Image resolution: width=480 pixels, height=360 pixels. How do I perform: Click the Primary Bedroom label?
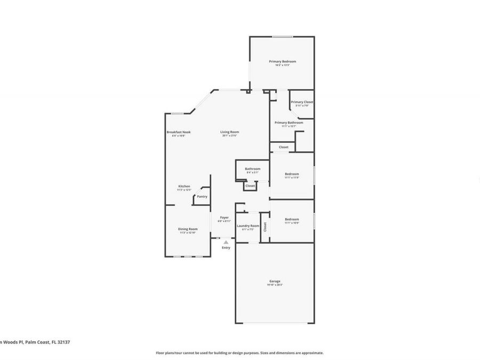click(282, 61)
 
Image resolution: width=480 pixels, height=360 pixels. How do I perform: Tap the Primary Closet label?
click(302, 102)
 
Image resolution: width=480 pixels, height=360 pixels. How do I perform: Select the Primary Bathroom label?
click(289, 123)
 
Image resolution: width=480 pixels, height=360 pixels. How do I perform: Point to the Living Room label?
click(230, 132)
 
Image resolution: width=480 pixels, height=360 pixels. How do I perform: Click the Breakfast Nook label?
click(178, 132)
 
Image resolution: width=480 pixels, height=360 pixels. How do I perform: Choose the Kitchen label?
click(184, 186)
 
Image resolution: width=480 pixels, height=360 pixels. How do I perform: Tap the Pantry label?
click(202, 196)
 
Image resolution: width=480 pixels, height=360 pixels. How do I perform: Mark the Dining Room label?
click(188, 229)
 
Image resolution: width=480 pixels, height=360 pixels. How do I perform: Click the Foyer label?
click(225, 218)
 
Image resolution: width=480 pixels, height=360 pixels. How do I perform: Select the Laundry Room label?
click(247, 226)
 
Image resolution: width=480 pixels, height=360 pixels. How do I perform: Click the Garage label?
click(275, 281)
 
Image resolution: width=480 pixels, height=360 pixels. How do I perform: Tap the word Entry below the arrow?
click(226, 247)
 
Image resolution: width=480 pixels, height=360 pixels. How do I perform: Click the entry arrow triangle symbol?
click(226, 242)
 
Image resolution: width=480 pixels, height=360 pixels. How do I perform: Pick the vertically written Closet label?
click(265, 226)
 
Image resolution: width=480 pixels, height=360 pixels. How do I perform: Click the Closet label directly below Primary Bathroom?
click(283, 147)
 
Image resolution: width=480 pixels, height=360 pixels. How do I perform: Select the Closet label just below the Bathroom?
click(250, 186)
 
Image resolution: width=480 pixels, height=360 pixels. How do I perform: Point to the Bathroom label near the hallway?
click(253, 169)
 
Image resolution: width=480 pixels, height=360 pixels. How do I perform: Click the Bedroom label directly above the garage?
click(292, 219)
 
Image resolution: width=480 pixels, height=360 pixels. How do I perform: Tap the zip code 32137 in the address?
click(63, 342)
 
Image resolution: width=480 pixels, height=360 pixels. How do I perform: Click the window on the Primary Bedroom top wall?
click(283, 36)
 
